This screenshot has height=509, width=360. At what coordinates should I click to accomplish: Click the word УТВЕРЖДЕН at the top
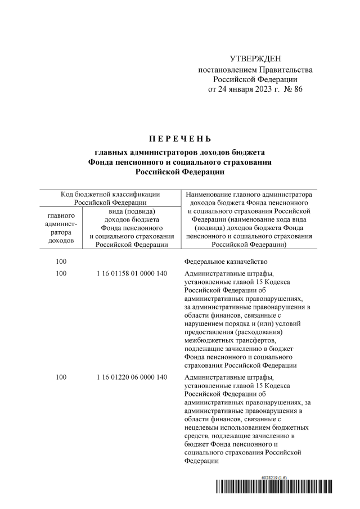(255, 59)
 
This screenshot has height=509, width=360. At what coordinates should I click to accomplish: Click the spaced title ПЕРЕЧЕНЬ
(179, 138)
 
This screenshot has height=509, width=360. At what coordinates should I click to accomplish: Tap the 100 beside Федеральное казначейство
(61, 262)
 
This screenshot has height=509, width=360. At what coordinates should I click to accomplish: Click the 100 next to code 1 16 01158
(61, 274)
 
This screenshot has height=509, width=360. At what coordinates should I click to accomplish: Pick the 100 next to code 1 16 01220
(61, 377)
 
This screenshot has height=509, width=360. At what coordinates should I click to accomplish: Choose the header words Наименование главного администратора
(247, 195)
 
